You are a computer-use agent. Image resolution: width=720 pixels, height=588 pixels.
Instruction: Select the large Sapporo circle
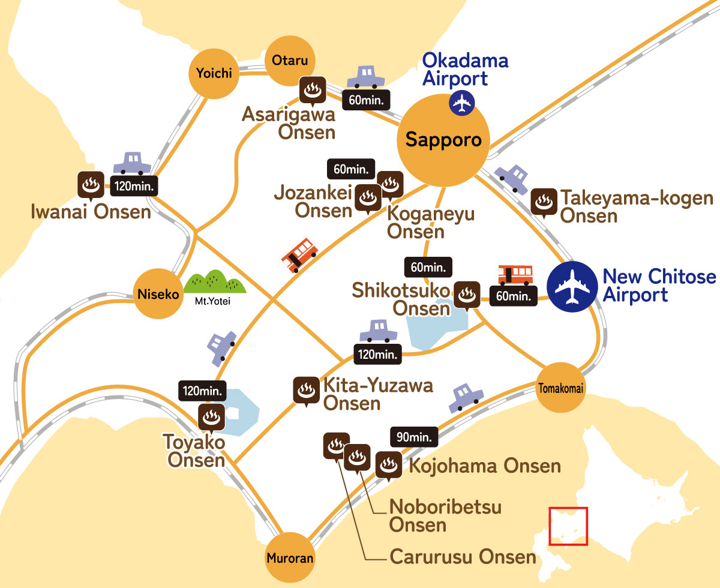pyautogui.click(x=443, y=140)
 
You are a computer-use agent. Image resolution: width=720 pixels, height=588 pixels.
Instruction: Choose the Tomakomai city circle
pyautogui.click(x=559, y=388)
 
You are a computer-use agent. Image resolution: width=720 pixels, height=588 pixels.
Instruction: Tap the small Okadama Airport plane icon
pyautogui.click(x=461, y=103)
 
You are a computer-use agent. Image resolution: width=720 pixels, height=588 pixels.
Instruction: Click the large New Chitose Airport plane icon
pyautogui.click(x=572, y=286)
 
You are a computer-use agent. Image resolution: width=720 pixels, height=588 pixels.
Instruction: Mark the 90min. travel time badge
pyautogui.click(x=413, y=437)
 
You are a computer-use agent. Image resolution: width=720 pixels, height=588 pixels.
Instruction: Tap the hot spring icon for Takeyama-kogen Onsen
pyautogui.click(x=544, y=202)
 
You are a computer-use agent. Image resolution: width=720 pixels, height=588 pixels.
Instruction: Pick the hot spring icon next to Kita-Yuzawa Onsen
pyautogui.click(x=305, y=391)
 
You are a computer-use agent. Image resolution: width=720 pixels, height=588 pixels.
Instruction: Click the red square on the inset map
pyautogui.click(x=568, y=526)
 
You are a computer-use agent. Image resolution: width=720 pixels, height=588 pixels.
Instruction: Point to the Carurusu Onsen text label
pyautogui.click(x=463, y=557)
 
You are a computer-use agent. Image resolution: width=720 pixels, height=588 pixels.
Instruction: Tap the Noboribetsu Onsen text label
pyautogui.click(x=445, y=515)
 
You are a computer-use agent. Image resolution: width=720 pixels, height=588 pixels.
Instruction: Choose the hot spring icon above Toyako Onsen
pyautogui.click(x=211, y=416)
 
